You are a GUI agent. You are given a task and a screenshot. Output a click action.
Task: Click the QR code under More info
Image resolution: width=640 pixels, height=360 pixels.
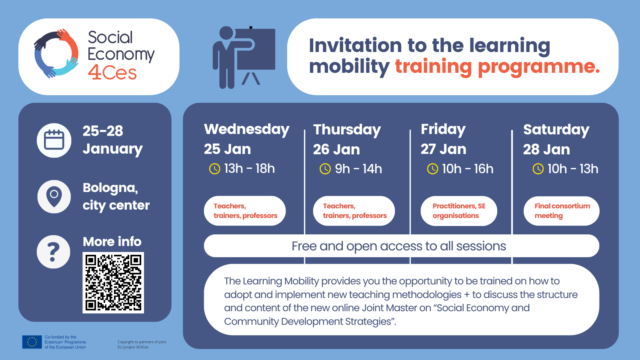pos(113,282)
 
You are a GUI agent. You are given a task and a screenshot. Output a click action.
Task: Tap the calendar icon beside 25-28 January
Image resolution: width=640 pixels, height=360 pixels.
pos(54,140)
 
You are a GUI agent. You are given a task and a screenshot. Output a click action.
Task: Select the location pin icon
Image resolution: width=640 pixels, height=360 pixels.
pos(54,196)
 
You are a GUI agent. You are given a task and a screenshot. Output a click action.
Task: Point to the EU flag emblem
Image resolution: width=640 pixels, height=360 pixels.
pos(32,342)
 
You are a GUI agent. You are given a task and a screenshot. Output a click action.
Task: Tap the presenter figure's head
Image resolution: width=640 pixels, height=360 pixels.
pos(226,33)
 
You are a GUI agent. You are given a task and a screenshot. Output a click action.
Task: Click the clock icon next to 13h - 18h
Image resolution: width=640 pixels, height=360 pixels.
pos(214,169)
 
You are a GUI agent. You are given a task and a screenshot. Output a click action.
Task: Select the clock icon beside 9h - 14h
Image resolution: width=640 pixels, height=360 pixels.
pos(325,169)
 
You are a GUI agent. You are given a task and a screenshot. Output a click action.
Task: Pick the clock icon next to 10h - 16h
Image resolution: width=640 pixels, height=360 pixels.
pos(432,169)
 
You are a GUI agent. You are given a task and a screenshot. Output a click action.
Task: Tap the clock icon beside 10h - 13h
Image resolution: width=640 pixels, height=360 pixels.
pos(538,169)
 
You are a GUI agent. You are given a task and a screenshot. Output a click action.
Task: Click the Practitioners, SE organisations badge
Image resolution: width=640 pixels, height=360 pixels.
pos(459,211)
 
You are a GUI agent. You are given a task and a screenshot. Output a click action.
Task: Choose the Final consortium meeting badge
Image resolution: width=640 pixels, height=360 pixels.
pos(562,211)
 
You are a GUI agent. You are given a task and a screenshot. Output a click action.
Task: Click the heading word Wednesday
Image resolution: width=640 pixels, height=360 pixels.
pos(246,130)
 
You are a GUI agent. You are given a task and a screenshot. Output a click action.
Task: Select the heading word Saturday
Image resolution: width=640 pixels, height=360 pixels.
pos(556,130)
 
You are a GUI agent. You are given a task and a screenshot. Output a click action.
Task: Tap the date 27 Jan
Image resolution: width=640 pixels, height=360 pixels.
pos(444,149)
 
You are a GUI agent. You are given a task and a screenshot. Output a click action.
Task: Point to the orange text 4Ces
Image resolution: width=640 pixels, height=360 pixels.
pos(112,72)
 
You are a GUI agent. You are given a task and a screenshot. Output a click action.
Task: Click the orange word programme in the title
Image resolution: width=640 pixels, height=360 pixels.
pos(538,67)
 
